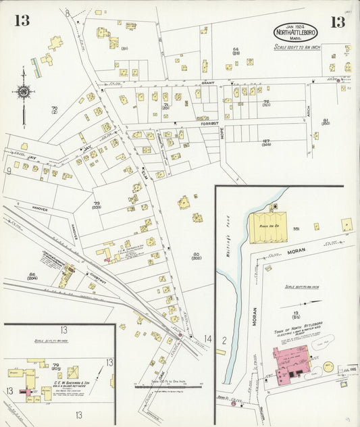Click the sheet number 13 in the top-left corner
point(22,21)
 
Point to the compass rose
point(24,92)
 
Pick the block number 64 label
point(236,50)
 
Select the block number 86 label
point(32,274)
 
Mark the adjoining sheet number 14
point(208,338)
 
